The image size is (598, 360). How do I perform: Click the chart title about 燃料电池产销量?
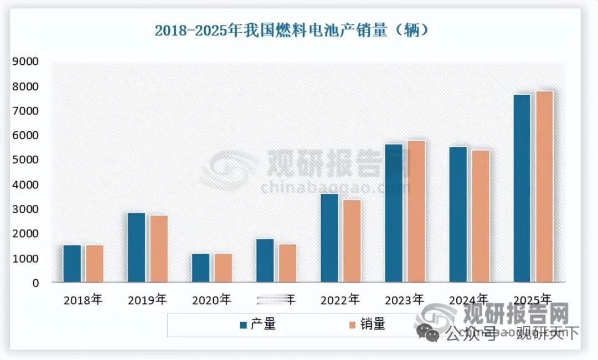tap(292, 30)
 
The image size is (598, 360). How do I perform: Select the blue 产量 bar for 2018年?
tap(72, 264)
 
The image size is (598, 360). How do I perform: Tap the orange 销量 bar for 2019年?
tap(158, 249)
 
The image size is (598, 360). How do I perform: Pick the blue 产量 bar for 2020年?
tap(200, 268)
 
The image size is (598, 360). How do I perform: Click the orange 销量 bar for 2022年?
tap(351, 241)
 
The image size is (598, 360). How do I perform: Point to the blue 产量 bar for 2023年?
tap(394, 213)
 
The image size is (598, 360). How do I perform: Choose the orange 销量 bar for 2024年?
tap(480, 216)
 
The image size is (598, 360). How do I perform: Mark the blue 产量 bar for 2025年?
tap(522, 188)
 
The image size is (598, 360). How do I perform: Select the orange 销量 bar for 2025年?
tap(544, 187)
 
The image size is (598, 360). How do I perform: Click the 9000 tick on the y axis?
tap(25, 62)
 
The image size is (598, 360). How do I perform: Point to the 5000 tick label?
tap(25, 160)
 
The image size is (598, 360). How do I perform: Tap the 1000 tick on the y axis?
tap(25, 259)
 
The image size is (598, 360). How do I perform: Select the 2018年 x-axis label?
tap(83, 300)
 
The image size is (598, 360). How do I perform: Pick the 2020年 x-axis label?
tap(212, 300)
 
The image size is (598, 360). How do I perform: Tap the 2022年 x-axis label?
tap(340, 300)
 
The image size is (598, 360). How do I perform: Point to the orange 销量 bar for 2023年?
tap(415, 212)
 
